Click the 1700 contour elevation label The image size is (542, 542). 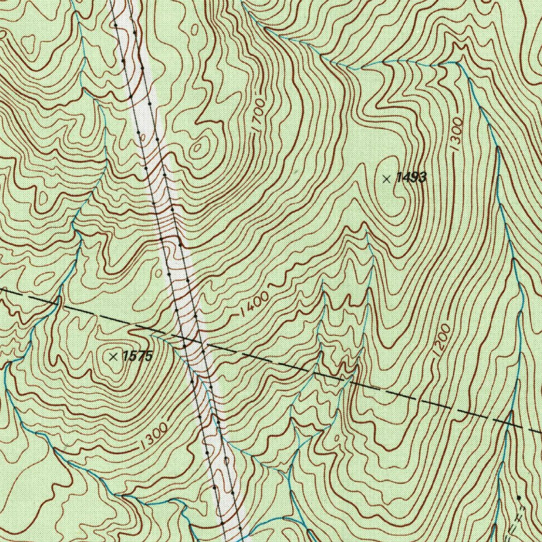258,115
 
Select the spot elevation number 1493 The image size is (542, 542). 411,178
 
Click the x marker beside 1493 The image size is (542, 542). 387,179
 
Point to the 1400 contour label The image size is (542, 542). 254,304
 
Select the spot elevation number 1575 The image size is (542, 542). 137,356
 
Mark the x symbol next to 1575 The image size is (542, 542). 113,357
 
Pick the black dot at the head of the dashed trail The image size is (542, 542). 519,498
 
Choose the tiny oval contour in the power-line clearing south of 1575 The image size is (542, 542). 226,460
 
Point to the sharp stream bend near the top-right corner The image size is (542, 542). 456,63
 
